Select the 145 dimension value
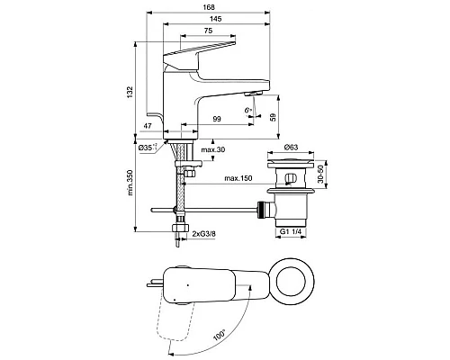coord(215,19)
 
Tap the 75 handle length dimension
coord(208,31)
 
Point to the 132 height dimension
coord(130,93)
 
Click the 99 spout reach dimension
coord(217,119)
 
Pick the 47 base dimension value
coord(147,126)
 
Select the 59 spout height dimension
coord(273,117)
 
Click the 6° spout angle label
coord(247,110)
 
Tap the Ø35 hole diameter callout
coord(148,148)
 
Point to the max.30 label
coord(213,149)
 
